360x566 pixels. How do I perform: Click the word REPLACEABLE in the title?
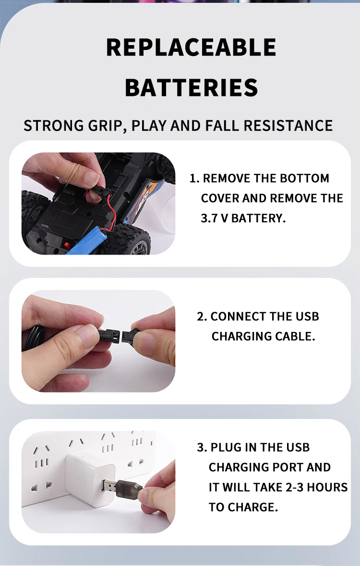[x=191, y=47]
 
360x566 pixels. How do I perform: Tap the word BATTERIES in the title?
[x=191, y=88]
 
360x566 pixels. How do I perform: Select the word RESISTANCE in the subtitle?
[x=288, y=126]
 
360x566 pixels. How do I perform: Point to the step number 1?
[x=193, y=178]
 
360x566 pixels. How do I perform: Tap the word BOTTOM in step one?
[x=305, y=178]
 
